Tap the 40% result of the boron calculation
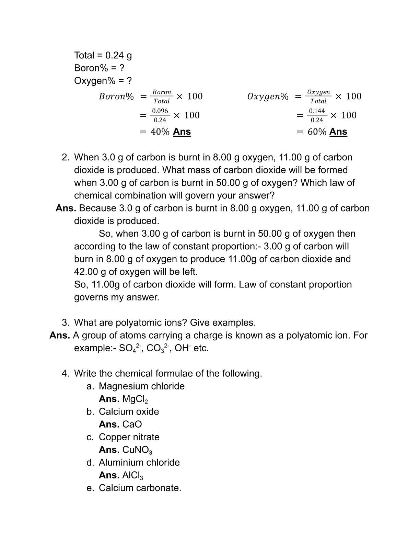(160, 132)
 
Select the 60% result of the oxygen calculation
(317, 132)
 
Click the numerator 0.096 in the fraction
(160, 111)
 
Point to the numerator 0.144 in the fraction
(317, 111)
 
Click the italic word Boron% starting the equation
(116, 97)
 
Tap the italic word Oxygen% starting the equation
(268, 97)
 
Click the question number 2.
(65, 157)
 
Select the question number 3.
(65, 322)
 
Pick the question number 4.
(65, 373)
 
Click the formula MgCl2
(135, 399)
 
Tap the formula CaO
(132, 424)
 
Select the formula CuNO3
(137, 450)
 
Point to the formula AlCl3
(132, 475)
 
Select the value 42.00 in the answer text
(86, 272)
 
